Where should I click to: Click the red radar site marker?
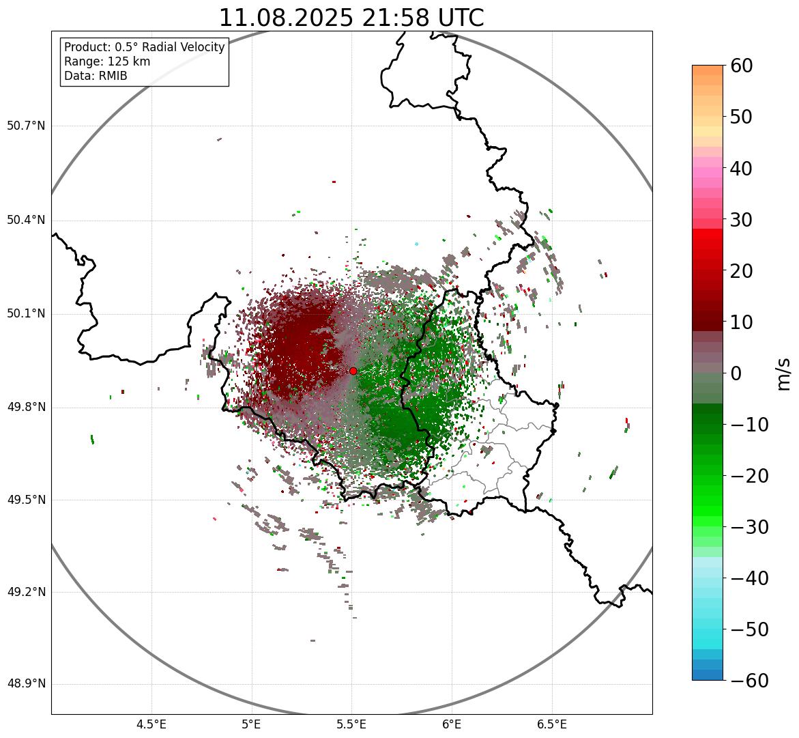353,371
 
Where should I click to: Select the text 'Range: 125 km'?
107,61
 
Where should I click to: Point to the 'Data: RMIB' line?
96,76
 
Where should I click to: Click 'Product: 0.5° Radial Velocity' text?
144,47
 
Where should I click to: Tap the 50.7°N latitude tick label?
26,126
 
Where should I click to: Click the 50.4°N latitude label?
26,221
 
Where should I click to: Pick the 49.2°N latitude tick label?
26,592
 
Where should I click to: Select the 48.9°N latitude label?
26,684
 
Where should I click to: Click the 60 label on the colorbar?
741,66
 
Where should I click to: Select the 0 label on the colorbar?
736,373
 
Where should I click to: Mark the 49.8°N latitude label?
26,408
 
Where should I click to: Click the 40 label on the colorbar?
741,168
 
